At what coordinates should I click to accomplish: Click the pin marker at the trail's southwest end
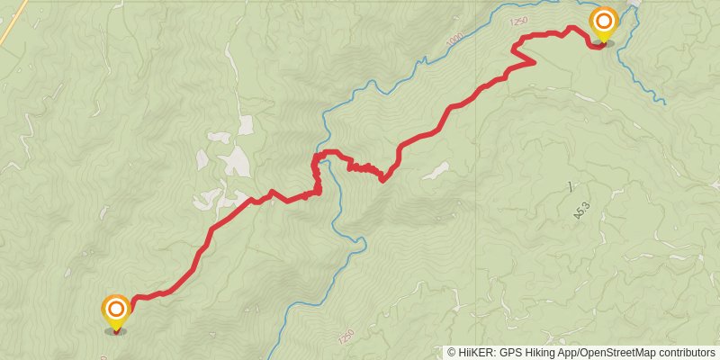coord(115,311)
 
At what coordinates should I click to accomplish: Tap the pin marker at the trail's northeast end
coord(603,23)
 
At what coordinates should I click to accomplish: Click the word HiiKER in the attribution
coord(472,353)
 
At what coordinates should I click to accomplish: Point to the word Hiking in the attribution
coord(536,353)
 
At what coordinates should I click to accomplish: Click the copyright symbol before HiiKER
coord(451,353)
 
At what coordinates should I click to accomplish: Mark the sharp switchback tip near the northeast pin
coord(535,62)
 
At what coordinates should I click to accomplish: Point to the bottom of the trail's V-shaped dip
coord(382,180)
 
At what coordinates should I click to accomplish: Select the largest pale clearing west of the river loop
coord(236,160)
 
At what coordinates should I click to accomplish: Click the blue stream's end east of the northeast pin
coord(664,103)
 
